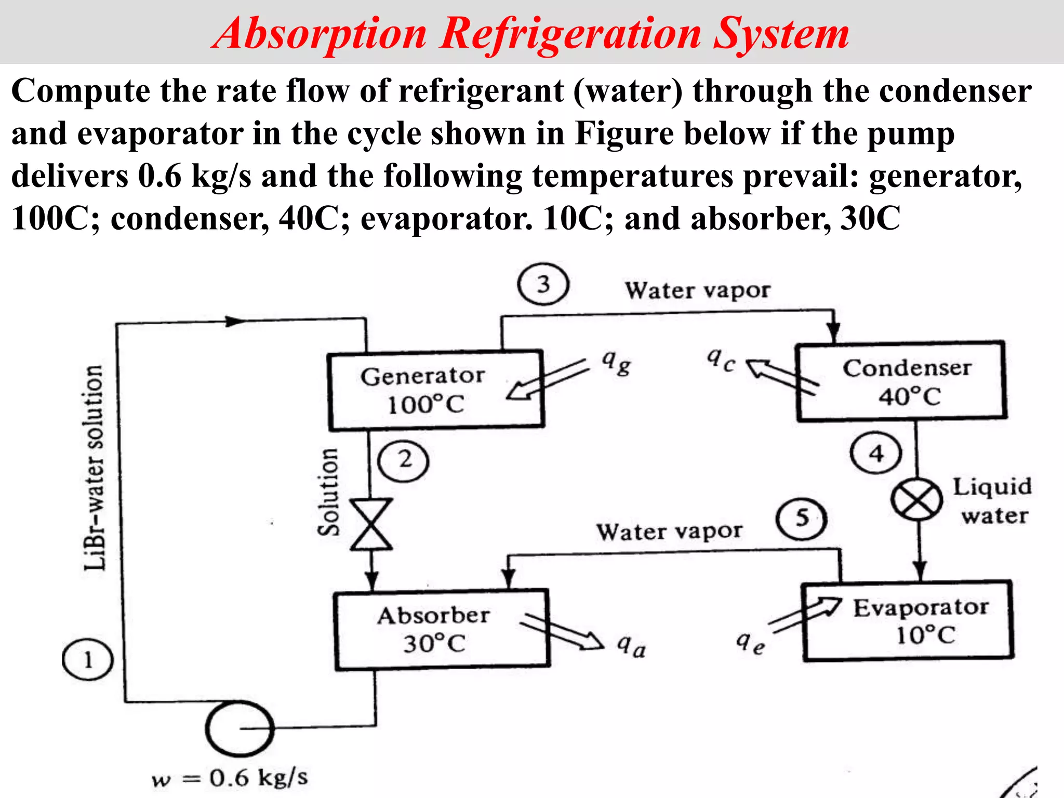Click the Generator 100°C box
tap(435, 391)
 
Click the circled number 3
tap(543, 285)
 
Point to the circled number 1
tap(87, 660)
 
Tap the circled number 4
tap(876, 454)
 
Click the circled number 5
tap(802, 518)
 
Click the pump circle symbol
tap(239, 728)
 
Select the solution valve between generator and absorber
tap(371, 524)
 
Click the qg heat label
tap(616, 362)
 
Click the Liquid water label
tap(992, 501)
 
